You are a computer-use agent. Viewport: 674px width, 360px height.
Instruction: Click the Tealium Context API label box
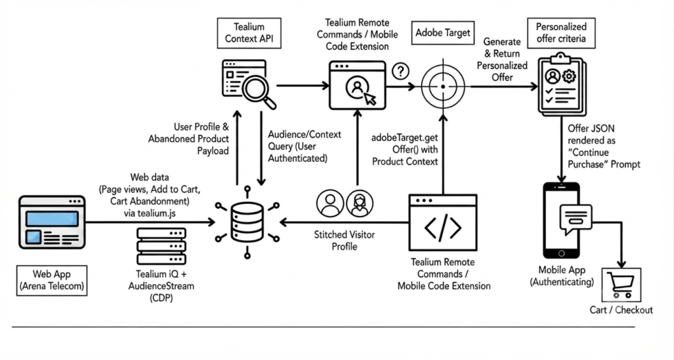click(249, 33)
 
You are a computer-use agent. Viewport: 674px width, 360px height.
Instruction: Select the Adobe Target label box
click(443, 33)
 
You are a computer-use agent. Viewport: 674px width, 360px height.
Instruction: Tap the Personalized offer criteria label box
click(561, 33)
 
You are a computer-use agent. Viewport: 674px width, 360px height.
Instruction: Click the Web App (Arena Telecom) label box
click(51, 280)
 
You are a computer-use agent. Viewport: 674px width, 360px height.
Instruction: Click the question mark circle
click(401, 71)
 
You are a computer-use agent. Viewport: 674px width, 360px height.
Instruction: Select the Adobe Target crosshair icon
click(443, 86)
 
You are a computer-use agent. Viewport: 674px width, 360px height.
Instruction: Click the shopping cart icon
click(621, 284)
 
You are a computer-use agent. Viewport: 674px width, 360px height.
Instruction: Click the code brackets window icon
click(443, 222)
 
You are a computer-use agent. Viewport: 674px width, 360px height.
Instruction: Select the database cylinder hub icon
click(247, 222)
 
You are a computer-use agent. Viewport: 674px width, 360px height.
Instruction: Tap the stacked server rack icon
click(161, 246)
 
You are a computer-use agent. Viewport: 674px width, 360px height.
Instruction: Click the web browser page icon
click(52, 222)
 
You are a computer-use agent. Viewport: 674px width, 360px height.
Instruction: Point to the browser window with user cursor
click(357, 85)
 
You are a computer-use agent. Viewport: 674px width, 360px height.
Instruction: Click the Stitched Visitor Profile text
click(344, 241)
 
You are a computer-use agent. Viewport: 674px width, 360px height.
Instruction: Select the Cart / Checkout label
click(621, 310)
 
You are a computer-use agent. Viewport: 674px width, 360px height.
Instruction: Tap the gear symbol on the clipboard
click(569, 76)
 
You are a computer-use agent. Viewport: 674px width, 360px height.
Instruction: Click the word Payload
click(213, 151)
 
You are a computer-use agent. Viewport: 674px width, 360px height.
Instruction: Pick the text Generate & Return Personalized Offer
click(502, 59)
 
